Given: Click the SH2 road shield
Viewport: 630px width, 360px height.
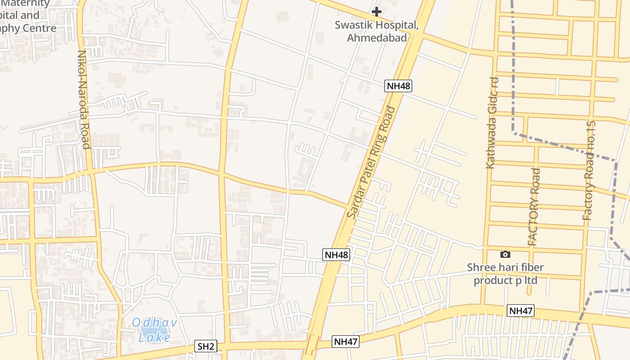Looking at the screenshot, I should (x=206, y=346).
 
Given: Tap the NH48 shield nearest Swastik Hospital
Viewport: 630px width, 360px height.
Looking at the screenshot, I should (x=398, y=86).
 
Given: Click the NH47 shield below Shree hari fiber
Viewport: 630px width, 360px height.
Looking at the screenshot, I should (x=521, y=310).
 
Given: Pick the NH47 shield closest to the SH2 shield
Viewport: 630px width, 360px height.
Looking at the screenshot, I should (x=346, y=342).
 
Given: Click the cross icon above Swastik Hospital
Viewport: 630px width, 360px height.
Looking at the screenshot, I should (x=377, y=11).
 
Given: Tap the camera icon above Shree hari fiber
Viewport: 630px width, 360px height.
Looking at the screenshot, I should (x=505, y=255).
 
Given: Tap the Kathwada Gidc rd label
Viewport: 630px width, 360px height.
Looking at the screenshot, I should (x=493, y=122).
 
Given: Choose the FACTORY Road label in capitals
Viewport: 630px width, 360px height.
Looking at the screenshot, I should (x=534, y=207).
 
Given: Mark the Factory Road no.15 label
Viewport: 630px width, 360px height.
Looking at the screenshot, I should (x=589, y=171).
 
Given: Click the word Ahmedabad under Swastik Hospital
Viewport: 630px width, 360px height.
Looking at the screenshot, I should (x=377, y=38).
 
